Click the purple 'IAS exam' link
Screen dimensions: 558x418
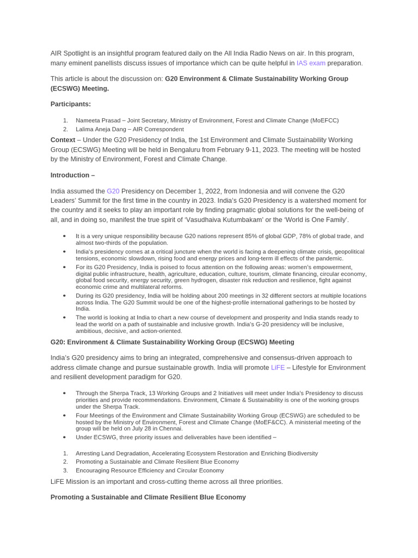click(311, 63)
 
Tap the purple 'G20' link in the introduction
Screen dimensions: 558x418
click(113, 191)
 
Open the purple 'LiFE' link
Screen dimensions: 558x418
click(278, 368)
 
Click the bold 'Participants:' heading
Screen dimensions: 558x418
click(71, 104)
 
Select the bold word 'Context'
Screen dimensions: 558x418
click(63, 140)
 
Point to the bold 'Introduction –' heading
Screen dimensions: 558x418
click(72, 175)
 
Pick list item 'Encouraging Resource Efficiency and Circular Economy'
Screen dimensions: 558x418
click(150, 470)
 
